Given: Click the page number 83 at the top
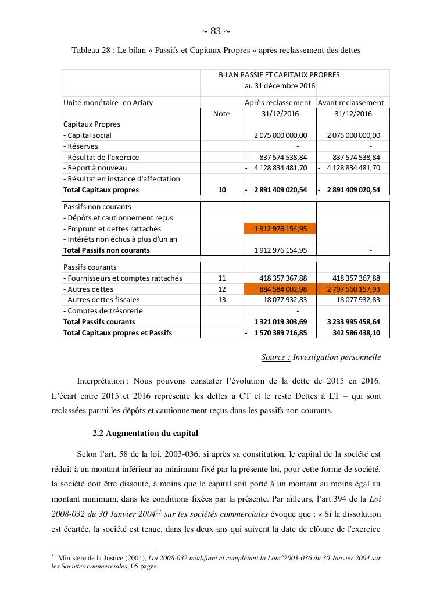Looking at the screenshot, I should coord(216,31).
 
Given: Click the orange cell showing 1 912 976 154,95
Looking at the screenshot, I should coord(280,228).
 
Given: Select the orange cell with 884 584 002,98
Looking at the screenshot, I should coord(280,289).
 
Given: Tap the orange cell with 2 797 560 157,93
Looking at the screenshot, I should coord(353,289).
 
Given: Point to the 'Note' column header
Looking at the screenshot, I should coord(221,114).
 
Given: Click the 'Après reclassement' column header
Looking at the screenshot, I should coord(280,103).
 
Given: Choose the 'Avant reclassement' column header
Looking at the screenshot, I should coord(352,103).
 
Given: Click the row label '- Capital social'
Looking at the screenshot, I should coord(87,135).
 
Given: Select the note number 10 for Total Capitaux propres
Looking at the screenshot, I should coord(221,189).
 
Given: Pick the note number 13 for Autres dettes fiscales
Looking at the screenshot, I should coord(221,300).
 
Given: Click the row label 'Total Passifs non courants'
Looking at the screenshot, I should coord(106,250).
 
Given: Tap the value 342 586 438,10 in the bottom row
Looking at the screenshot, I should coord(355,333).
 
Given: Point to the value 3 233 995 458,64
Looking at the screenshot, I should coord(352,321).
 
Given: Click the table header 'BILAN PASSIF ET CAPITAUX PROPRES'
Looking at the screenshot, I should coord(279,74).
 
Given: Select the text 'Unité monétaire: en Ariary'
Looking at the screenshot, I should coord(108,103).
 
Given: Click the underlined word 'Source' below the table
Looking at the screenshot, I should coord(275,357).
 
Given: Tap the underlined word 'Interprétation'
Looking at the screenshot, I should coord(100,381).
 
